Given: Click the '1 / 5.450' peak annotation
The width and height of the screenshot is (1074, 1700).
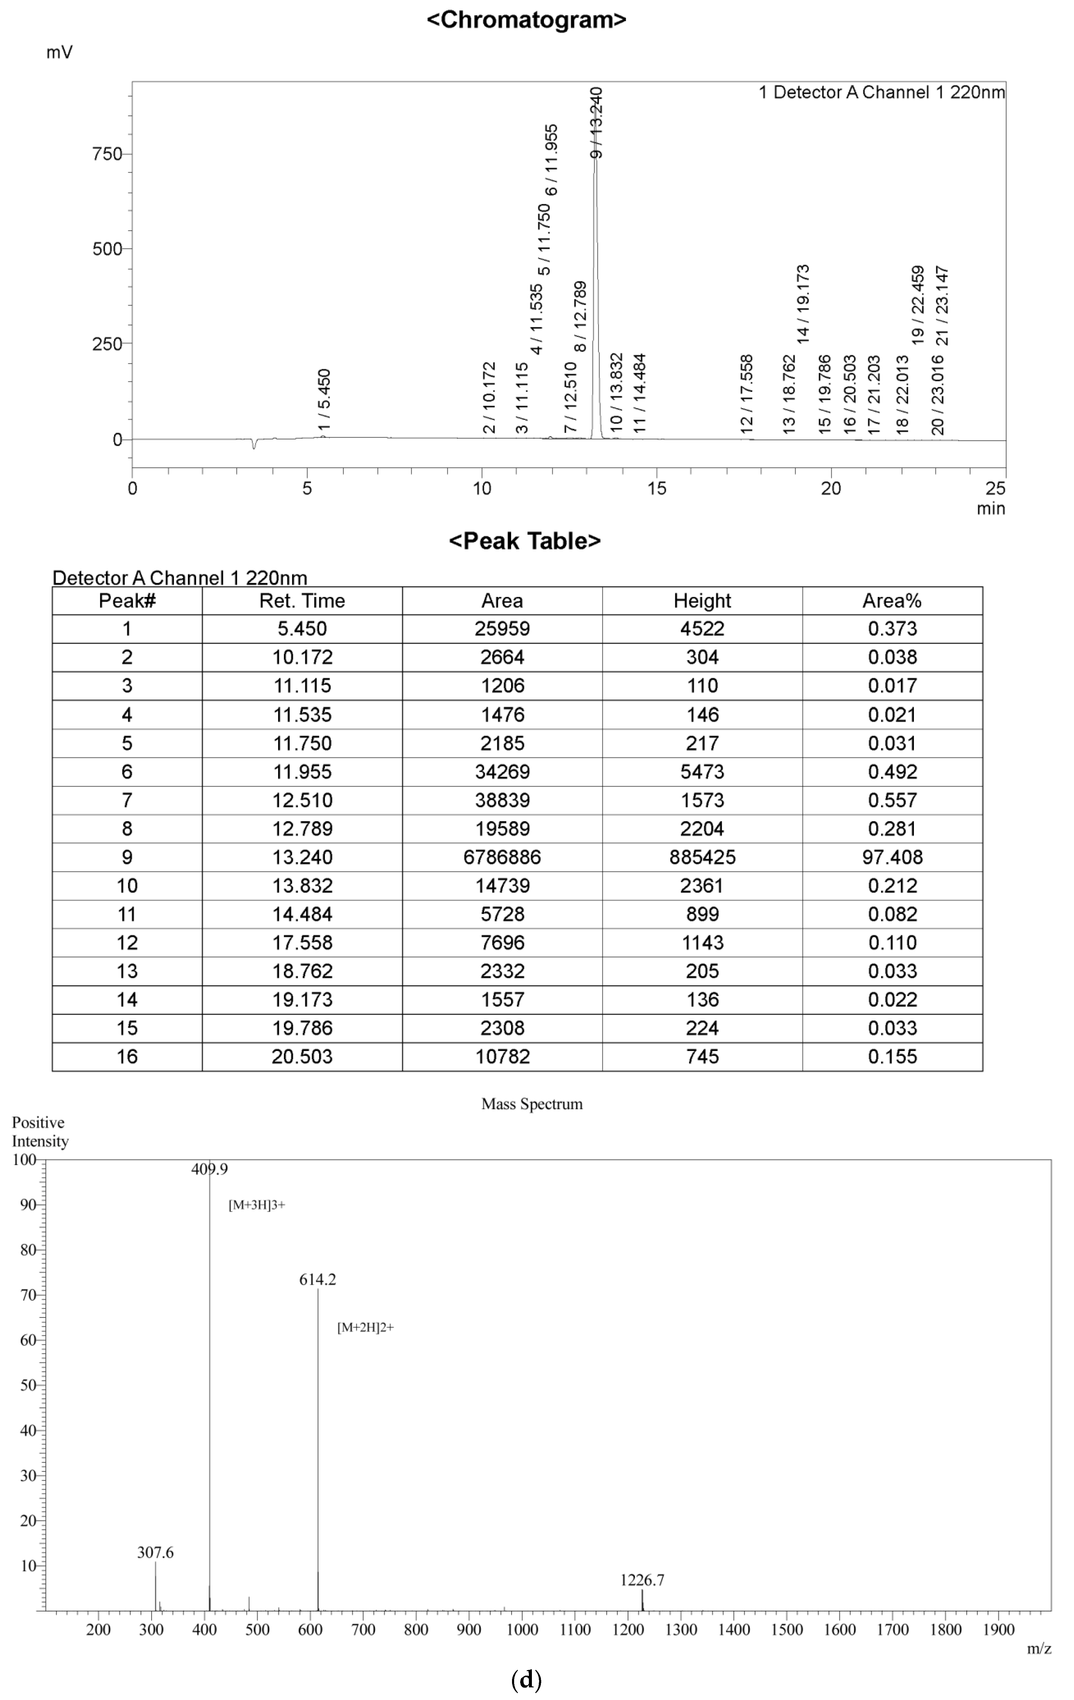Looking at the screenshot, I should point(324,399).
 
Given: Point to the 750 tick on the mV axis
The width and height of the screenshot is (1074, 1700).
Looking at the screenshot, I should point(107,154).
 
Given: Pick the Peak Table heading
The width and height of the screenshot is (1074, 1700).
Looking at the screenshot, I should point(525,541).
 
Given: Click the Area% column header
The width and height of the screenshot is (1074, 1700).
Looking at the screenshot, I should point(892,601).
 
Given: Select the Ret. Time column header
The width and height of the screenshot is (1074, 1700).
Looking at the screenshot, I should point(302,601).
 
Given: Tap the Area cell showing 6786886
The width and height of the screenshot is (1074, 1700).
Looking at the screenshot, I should point(502,857).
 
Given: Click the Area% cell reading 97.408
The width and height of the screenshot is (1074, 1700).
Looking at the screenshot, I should point(892,857).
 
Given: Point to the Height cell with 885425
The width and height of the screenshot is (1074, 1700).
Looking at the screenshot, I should point(703,857).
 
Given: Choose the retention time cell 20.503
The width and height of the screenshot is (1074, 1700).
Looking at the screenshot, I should point(302,1057).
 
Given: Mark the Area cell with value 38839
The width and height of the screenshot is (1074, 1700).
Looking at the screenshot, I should point(502,800).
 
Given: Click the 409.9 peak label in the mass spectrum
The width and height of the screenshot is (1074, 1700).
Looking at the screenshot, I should point(210,1169).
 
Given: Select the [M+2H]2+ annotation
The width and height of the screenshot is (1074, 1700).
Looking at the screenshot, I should point(365,1327).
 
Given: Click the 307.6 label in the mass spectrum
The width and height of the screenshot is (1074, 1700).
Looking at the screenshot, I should point(155,1553).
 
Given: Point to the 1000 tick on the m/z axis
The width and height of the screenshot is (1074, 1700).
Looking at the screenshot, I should point(522,1630).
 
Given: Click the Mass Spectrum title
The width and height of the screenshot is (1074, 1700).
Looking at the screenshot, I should point(532,1104).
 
